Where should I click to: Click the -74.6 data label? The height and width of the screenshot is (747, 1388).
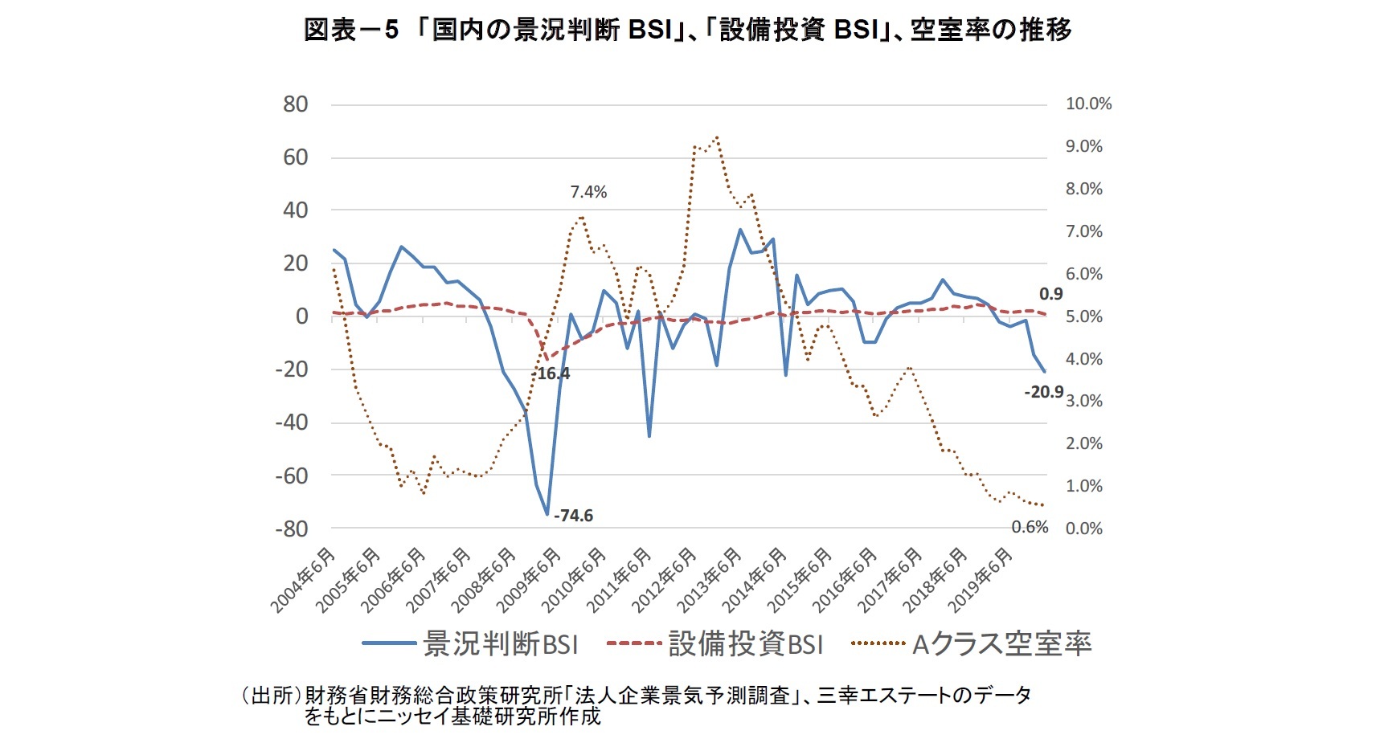(573, 516)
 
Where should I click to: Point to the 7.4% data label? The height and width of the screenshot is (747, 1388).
(588, 192)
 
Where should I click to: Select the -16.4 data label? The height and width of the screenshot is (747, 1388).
(553, 373)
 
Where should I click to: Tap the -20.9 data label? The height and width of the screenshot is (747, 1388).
(1043, 392)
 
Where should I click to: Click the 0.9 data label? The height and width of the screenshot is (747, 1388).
(1050, 294)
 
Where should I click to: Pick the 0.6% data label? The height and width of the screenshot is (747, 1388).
(1030, 527)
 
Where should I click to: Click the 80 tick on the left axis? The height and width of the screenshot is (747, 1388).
(295, 104)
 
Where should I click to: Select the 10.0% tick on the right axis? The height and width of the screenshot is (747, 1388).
(1088, 104)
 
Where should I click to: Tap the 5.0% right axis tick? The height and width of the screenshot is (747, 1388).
(1084, 316)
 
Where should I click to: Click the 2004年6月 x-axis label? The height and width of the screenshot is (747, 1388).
(302, 581)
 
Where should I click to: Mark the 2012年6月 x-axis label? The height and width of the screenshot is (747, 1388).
(663, 581)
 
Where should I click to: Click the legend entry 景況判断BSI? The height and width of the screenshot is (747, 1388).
(499, 644)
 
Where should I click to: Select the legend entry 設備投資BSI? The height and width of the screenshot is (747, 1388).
(745, 644)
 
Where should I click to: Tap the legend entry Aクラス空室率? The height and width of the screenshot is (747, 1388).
(1001, 644)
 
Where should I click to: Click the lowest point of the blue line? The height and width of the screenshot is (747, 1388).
(547, 514)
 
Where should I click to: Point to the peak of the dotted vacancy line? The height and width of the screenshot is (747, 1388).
(716, 137)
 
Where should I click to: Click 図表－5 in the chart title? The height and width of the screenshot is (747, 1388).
(351, 31)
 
